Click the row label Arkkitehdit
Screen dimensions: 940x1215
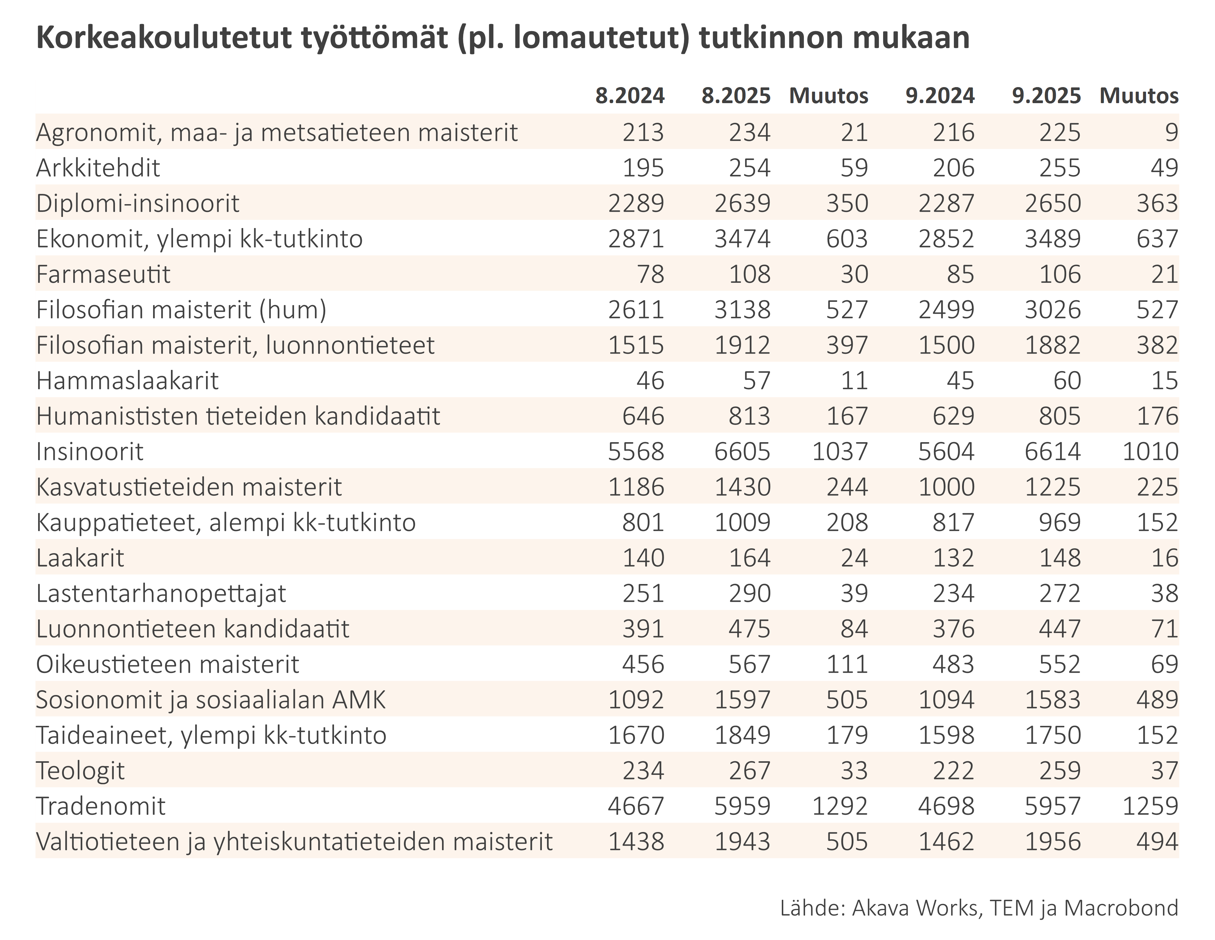point(98,168)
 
